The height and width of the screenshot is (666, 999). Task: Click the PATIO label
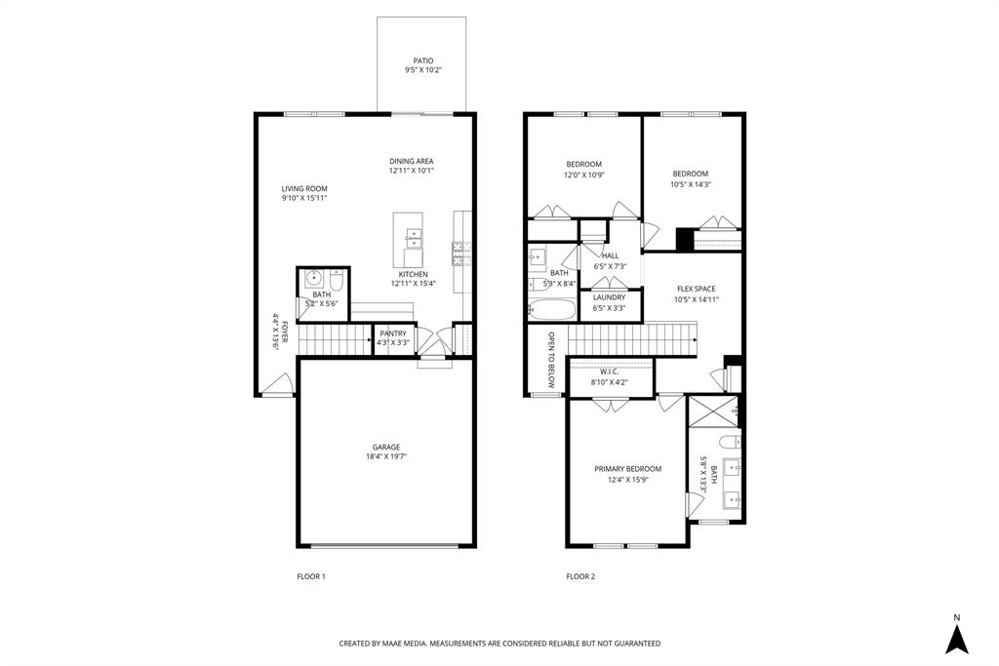422,60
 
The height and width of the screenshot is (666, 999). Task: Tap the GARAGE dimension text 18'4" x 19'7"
386,456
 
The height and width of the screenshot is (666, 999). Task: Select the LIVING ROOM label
304,188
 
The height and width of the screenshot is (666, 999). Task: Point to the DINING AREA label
411,161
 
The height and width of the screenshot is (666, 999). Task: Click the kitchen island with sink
411,240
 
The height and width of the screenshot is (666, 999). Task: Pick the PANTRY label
393,333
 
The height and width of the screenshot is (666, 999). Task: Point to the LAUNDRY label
609,297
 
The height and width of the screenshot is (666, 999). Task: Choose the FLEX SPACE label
697,289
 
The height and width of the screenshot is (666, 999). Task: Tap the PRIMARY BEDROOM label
628,468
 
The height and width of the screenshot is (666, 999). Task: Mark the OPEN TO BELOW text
551,360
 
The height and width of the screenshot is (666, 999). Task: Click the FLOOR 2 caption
580,576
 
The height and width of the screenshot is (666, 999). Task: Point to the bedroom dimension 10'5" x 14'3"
690,184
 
